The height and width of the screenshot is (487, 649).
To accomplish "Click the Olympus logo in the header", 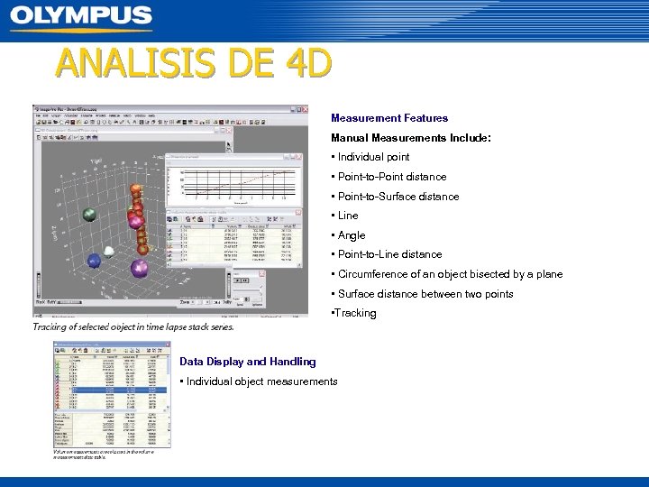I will point(81,16).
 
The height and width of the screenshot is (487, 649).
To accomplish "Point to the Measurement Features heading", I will point(388,118).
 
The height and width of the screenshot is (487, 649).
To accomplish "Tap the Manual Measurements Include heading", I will point(410,138).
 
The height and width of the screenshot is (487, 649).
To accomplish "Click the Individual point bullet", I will point(372,157).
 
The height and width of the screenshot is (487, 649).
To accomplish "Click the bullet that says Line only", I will point(347,216).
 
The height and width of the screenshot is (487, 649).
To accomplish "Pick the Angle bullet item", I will point(351,235).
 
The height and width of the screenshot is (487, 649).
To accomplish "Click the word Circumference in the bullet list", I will point(372,274).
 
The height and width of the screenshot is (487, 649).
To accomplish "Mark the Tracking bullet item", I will point(355,313).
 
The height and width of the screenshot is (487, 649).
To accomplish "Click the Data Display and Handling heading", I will point(248,362).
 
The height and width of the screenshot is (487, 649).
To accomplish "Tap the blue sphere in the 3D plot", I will point(95,261).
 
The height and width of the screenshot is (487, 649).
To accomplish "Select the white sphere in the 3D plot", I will point(109,252).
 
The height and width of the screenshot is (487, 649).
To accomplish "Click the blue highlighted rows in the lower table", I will point(111,390).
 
